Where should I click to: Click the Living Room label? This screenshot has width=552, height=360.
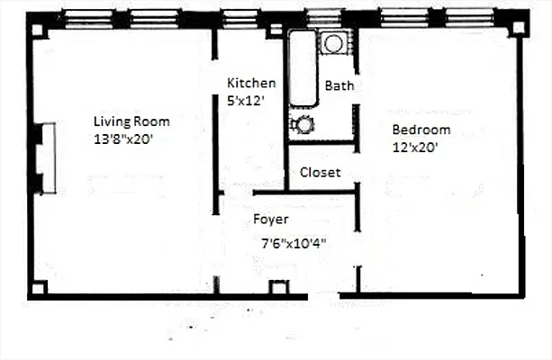(131, 121)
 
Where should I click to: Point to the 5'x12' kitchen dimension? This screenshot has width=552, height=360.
(246, 101)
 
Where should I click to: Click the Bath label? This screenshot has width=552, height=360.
(339, 86)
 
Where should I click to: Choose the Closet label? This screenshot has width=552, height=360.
(320, 172)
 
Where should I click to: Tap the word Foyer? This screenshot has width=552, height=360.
(270, 220)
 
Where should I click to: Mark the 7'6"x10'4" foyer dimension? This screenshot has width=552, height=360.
(294, 243)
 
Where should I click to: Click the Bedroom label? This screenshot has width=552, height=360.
(421, 130)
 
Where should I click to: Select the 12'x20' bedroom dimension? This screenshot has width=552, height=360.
(414, 148)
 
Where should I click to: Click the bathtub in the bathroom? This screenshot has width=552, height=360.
(303, 70)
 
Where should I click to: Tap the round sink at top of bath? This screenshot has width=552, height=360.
(334, 43)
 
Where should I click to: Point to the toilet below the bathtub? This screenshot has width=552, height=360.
(302, 125)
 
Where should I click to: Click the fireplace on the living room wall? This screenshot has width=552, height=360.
(44, 158)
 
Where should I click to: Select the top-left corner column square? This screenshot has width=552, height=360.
(37, 29)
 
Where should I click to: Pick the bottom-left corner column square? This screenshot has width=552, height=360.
(38, 288)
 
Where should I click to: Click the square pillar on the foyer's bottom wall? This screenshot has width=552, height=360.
(278, 288)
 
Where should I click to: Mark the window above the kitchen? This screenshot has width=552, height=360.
(240, 16)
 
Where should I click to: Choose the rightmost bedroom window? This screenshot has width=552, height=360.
(468, 16)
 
